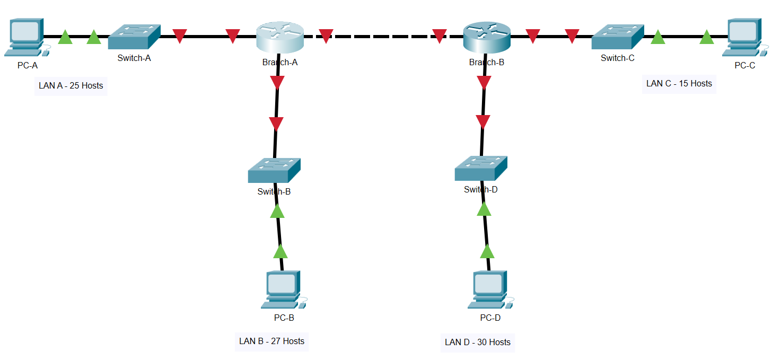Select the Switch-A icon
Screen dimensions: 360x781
click(134, 37)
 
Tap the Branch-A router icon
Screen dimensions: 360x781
click(279, 37)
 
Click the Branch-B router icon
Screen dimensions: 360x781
click(486, 37)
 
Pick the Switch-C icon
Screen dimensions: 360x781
click(618, 37)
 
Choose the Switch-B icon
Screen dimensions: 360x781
click(274, 171)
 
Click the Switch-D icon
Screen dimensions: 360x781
click(481, 169)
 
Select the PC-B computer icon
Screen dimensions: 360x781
click(283, 289)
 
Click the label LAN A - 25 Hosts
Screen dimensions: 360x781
click(71, 85)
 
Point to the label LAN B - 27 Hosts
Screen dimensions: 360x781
click(271, 341)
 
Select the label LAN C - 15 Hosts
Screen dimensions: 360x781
click(679, 83)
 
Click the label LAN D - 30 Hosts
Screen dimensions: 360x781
click(478, 342)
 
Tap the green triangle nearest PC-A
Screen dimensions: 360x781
click(65, 37)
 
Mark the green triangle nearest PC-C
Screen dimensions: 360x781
click(706, 37)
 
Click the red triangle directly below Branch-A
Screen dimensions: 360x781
click(277, 83)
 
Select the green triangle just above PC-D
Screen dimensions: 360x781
click(487, 251)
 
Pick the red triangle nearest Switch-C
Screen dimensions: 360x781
click(572, 36)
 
